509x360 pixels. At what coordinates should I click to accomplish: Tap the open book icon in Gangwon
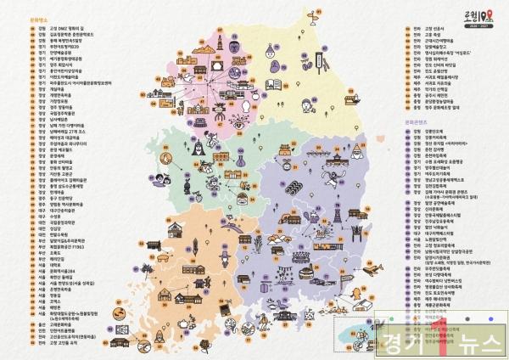pos(273,84)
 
